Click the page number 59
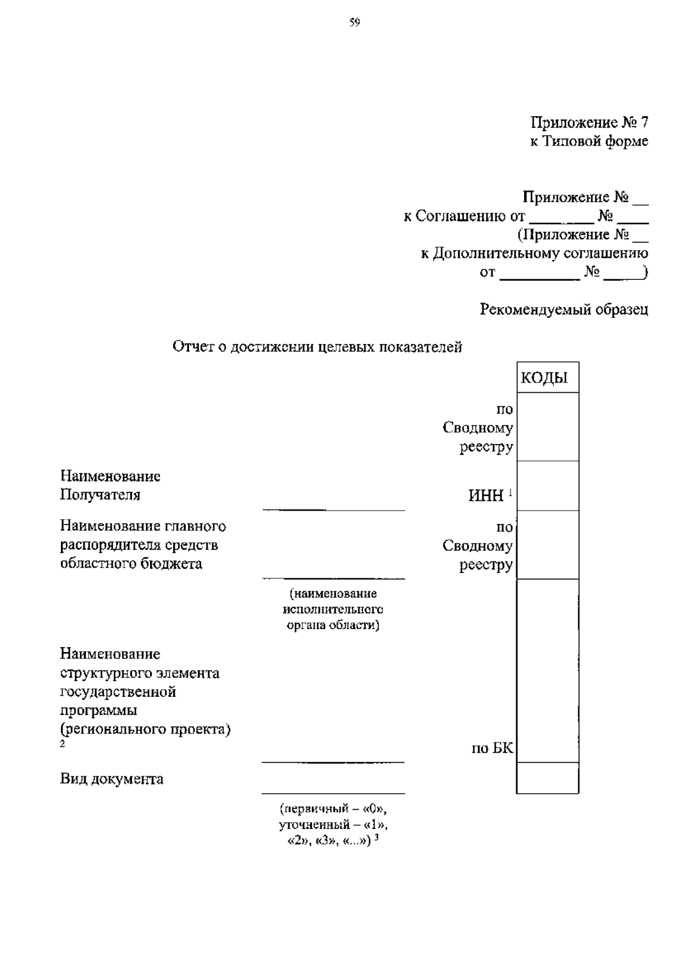coord(354,23)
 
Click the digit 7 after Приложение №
coord(644,122)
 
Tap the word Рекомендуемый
coord(535,309)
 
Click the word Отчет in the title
coord(192,346)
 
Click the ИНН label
coord(486,495)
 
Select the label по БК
coord(493,749)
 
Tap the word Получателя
coord(100,495)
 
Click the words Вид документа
coord(112,779)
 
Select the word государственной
coord(118,692)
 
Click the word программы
coord(99,710)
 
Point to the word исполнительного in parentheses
coord(333,609)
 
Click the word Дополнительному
coord(496,253)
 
